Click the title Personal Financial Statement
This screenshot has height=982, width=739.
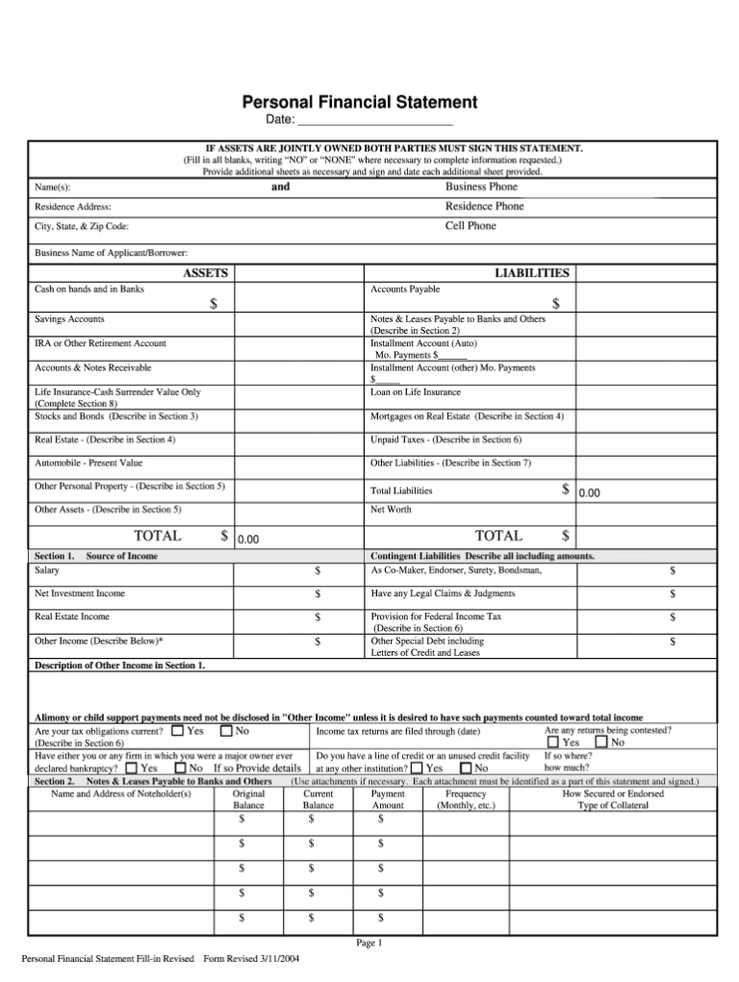tap(359, 101)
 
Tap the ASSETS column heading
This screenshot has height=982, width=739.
tap(205, 273)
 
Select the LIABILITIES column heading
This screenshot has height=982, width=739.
tap(532, 273)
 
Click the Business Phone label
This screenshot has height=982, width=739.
tap(481, 187)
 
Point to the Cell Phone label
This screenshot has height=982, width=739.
tap(471, 226)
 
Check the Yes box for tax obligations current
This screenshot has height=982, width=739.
tap(177, 731)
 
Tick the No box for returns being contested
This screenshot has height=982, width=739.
tap(601, 743)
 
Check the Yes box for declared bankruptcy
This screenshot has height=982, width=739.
tap(131, 768)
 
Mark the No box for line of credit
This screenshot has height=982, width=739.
tap(466, 768)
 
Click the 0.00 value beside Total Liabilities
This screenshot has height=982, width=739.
tap(589, 492)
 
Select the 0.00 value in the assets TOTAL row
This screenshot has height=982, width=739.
tap(249, 540)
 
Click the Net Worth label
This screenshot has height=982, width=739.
tap(391, 510)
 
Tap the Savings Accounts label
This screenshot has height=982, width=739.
tap(70, 318)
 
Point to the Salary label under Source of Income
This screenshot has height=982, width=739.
tap(47, 570)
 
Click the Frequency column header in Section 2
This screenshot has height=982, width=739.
tap(466, 794)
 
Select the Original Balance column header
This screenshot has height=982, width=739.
tap(249, 800)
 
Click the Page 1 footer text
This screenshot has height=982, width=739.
tap(369, 944)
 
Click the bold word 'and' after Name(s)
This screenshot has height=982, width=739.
tap(280, 187)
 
